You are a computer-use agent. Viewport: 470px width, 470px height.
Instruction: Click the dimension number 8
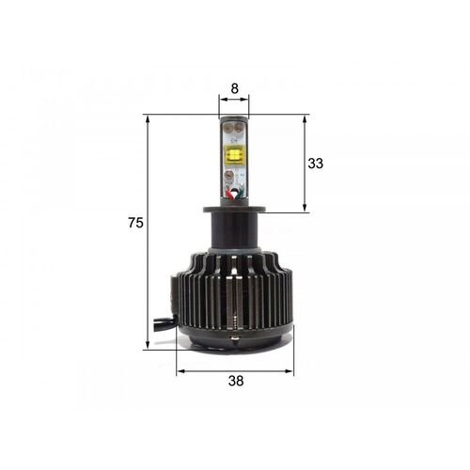234,88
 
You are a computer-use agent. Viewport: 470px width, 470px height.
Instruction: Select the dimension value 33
316,164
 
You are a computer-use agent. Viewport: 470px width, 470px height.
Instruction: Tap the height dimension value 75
135,223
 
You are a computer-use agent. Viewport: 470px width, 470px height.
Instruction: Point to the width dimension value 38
236,382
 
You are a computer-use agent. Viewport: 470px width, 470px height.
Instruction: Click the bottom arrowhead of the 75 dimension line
149,346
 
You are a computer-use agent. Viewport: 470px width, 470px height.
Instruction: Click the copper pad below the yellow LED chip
234,174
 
